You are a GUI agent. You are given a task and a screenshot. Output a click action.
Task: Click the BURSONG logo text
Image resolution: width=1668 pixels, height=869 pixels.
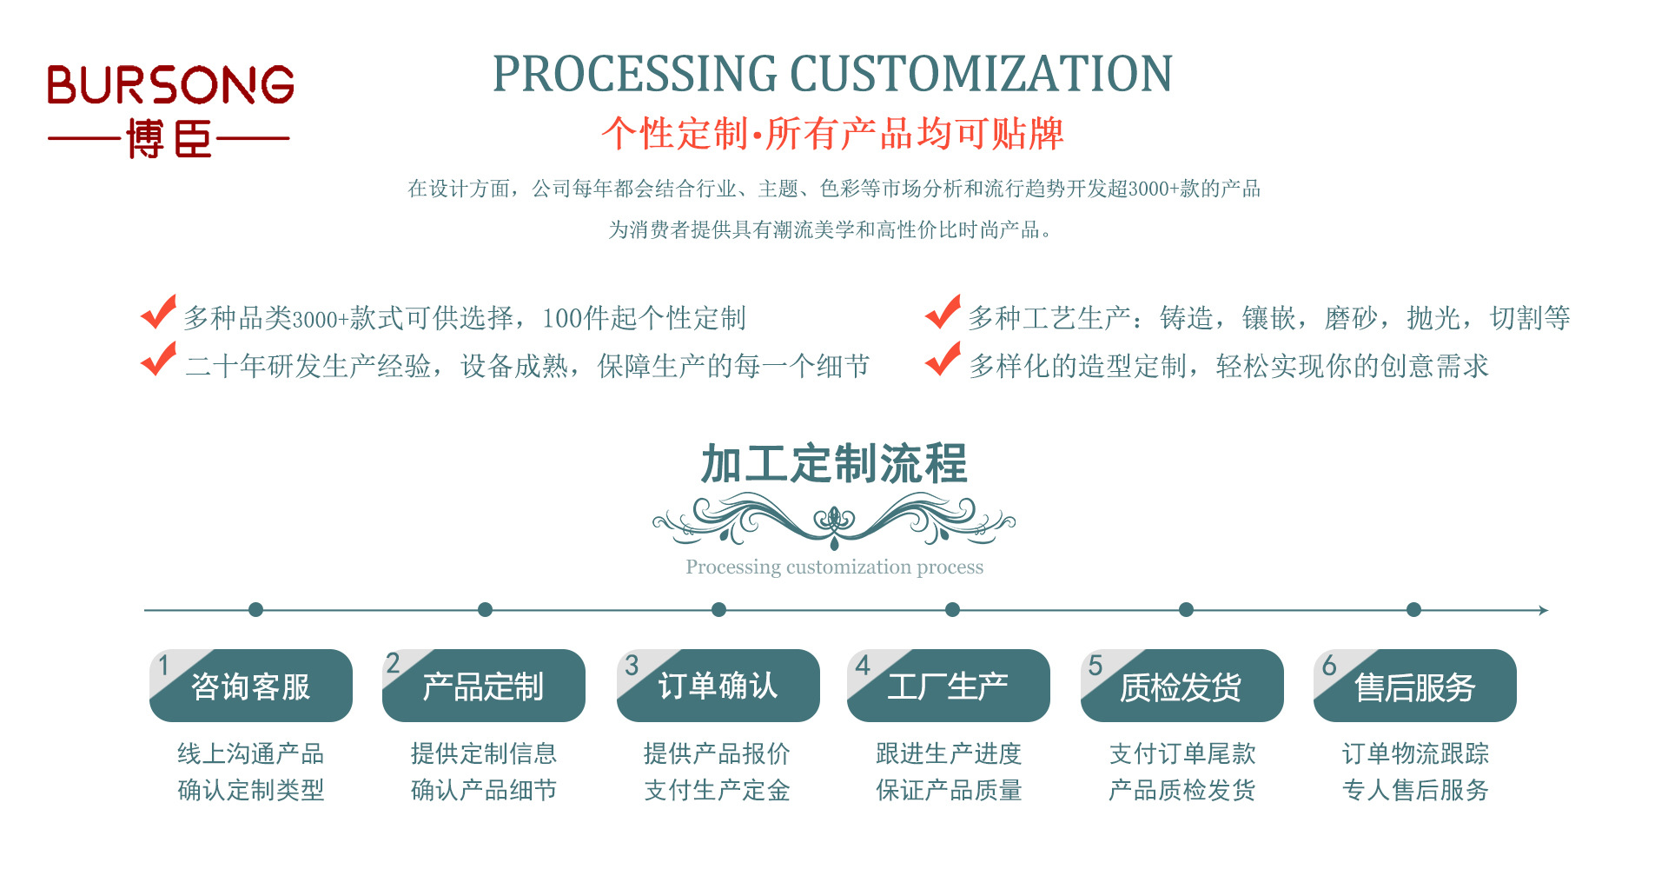170,84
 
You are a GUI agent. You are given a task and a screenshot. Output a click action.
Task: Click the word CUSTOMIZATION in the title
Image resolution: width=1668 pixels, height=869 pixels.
981,74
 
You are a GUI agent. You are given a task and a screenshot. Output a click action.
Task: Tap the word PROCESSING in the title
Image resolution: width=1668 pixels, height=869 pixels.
634,74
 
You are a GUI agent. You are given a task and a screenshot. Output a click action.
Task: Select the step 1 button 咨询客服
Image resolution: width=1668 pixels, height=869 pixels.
251,687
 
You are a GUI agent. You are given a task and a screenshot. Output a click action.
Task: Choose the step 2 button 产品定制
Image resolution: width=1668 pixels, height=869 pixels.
484,687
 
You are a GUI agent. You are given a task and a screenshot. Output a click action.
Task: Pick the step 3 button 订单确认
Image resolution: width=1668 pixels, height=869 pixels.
718,687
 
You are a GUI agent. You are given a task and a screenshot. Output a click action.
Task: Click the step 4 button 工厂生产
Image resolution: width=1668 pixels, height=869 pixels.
949,687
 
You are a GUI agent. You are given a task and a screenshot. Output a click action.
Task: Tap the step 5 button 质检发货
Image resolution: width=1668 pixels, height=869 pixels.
1181,687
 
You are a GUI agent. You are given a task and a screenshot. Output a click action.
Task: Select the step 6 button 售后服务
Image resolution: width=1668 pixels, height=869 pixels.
1415,687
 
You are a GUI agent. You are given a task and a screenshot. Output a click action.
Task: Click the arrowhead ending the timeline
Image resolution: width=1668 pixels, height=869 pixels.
1544,611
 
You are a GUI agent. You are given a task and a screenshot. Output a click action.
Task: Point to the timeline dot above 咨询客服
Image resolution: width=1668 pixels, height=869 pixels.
255,610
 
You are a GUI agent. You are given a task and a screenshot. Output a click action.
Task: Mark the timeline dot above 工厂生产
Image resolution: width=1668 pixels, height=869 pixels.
952,610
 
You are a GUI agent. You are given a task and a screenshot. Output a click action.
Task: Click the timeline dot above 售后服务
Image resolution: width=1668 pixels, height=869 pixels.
1413,610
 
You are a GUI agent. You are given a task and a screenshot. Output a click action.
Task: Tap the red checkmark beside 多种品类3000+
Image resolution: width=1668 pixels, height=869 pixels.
159,313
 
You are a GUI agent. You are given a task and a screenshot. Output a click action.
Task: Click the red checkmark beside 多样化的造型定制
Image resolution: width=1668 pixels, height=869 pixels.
943,360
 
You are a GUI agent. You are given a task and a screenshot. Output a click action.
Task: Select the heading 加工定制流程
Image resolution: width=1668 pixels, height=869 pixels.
834,463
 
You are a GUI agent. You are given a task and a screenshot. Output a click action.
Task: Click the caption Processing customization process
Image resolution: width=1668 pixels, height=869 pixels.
834,567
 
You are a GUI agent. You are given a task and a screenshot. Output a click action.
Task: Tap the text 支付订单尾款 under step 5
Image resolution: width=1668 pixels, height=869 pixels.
1182,753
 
